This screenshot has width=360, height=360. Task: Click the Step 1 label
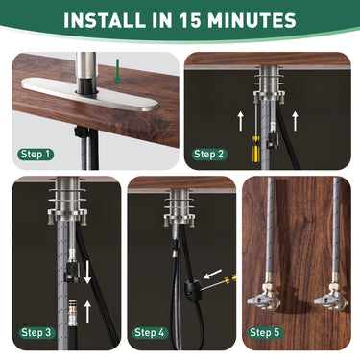click(37, 154)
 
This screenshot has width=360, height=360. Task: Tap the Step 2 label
click(210, 154)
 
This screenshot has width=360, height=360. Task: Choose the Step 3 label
click(36, 332)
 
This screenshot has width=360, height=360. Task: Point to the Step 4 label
click(151, 332)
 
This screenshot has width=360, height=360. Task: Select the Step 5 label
click(267, 332)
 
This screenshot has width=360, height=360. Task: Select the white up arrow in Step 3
click(87, 310)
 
